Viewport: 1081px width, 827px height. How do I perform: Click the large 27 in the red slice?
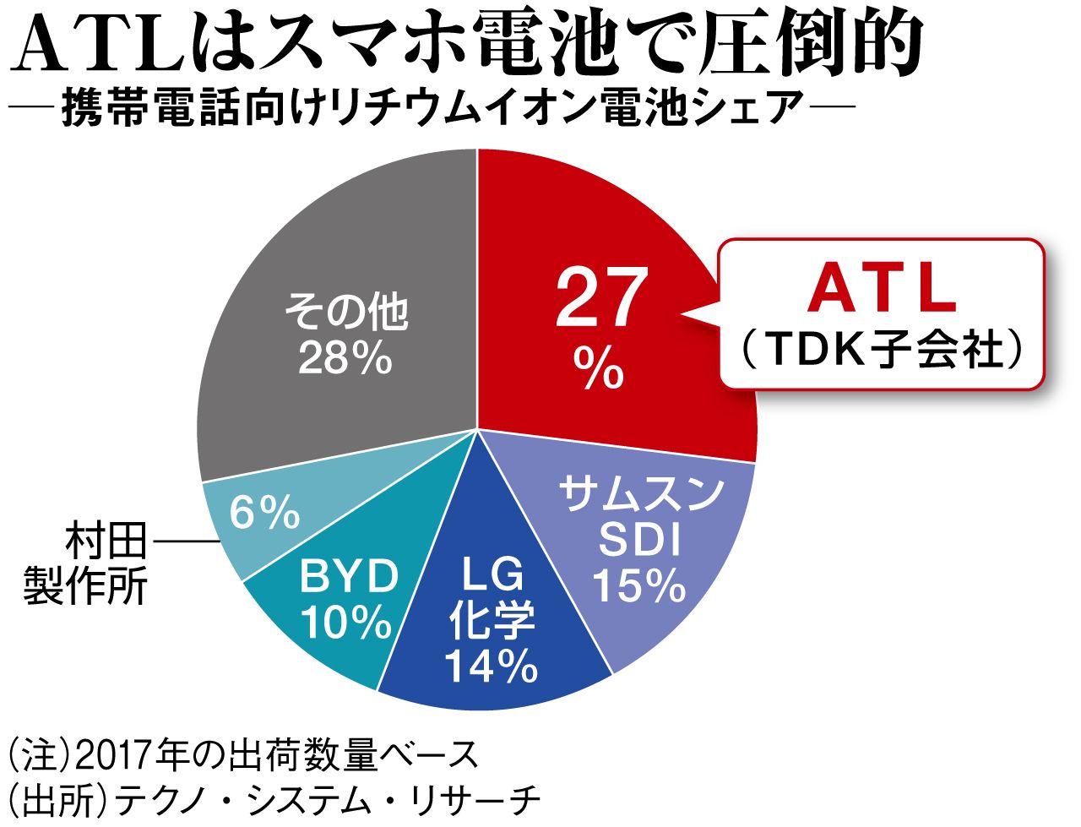(x=601, y=297)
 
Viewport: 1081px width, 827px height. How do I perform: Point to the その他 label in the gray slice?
(x=346, y=313)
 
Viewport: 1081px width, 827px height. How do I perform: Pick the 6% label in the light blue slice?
(x=265, y=513)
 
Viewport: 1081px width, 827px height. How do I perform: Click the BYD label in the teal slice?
(x=349, y=577)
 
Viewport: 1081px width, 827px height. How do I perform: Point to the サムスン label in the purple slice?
(x=640, y=494)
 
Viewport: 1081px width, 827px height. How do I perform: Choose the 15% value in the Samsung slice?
(x=639, y=585)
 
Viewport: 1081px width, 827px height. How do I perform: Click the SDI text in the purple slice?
(x=639, y=540)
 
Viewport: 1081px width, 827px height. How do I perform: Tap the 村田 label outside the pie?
(x=106, y=541)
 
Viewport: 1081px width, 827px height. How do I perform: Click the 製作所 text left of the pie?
(x=85, y=585)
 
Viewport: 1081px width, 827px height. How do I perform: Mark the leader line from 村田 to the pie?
(x=187, y=541)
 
